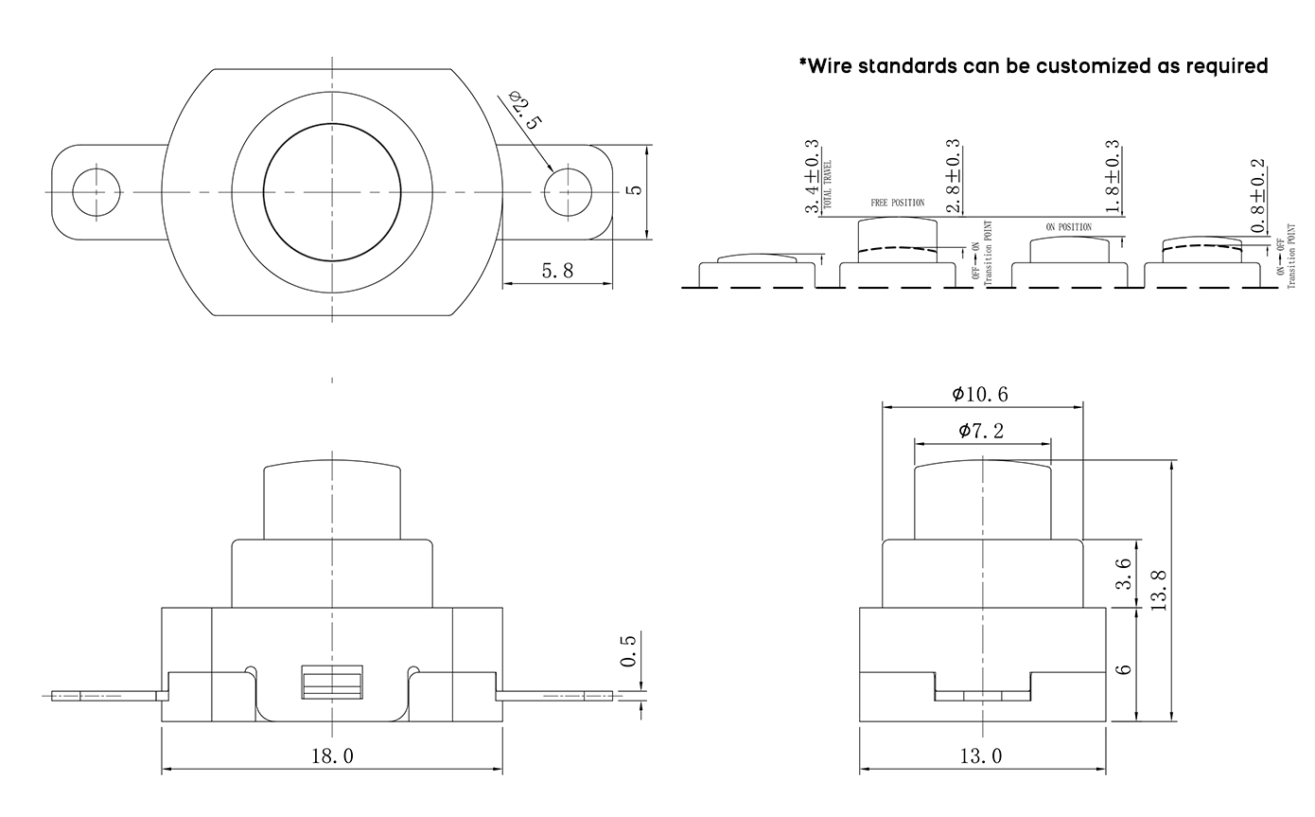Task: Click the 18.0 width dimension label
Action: point(332,755)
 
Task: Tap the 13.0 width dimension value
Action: point(981,755)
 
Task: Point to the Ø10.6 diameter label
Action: point(980,394)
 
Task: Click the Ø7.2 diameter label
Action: point(981,431)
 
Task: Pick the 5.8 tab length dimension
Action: point(557,271)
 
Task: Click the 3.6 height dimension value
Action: point(1124,575)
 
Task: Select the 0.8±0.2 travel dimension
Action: point(1258,197)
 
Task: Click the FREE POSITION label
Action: point(897,203)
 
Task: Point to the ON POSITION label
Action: point(1068,227)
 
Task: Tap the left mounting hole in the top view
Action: point(96,191)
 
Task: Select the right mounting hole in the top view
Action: point(567,191)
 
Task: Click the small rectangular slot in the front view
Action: point(332,682)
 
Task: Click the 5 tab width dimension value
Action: point(635,189)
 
